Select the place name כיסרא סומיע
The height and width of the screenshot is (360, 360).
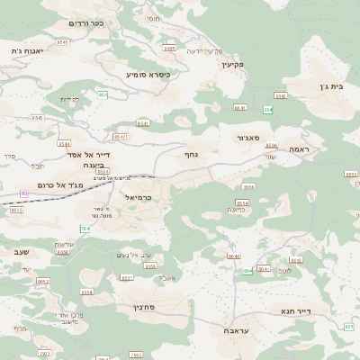pyautogui.click(x=148, y=74)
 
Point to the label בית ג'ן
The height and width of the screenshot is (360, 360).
pyautogui.click(x=331, y=88)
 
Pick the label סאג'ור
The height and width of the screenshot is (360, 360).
pyautogui.click(x=248, y=139)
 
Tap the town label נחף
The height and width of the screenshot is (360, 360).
pyautogui.click(x=191, y=155)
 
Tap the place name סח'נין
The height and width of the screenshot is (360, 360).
pyautogui.click(x=148, y=308)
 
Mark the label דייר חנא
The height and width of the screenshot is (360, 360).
pyautogui.click(x=319, y=312)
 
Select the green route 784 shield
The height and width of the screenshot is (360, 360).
pyautogui.click(x=85, y=229)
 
